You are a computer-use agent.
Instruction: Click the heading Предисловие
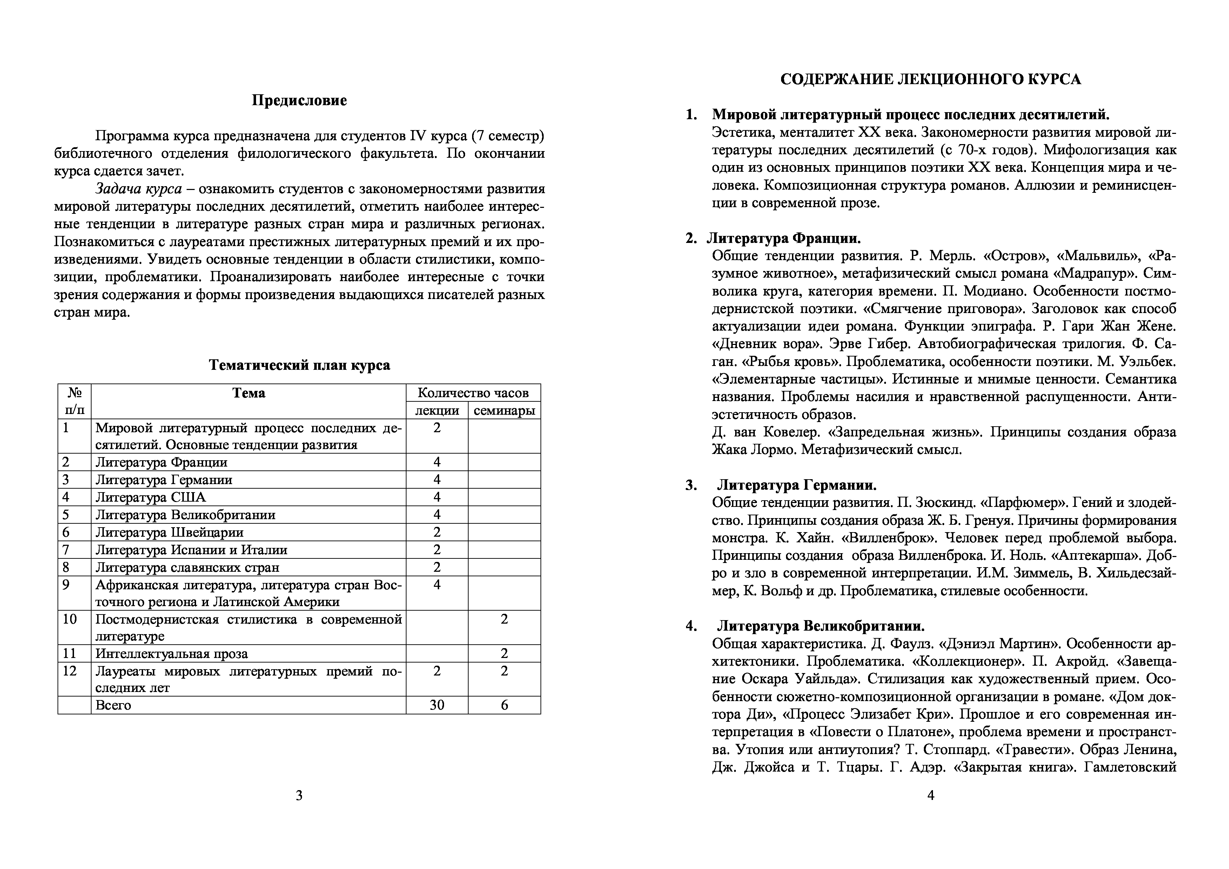point(299,101)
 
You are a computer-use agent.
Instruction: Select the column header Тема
point(248,393)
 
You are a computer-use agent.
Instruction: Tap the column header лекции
point(437,410)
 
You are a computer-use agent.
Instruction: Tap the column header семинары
point(504,410)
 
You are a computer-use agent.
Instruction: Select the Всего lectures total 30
point(437,705)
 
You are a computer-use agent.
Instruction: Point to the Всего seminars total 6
point(504,705)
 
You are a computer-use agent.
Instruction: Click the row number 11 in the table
point(70,653)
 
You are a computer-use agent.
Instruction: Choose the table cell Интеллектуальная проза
point(171,653)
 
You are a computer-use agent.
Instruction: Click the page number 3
point(299,796)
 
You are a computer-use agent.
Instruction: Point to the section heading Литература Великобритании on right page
point(821,626)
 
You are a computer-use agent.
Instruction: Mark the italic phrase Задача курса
point(139,189)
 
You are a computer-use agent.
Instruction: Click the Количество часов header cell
point(473,393)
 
